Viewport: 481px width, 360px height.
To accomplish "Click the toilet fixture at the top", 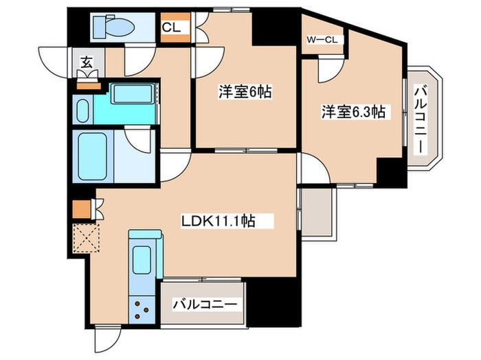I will point(114,27).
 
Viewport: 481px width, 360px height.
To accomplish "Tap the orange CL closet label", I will point(171,28).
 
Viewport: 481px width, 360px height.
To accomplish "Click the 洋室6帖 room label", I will point(240,91).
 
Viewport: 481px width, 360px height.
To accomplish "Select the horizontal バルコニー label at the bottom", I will point(204,302).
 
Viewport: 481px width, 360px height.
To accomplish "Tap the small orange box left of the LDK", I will point(80,207).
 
